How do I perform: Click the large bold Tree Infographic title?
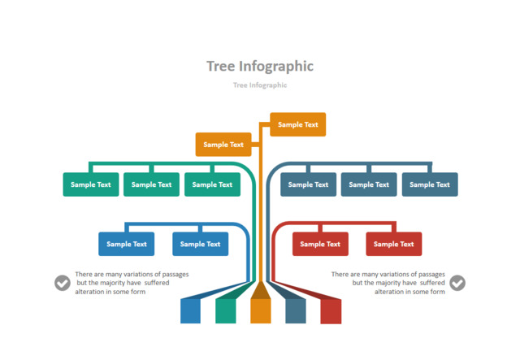click(260, 66)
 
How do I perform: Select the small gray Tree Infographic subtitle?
click(260, 85)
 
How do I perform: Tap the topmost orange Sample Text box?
click(297, 124)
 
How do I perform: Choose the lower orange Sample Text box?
click(223, 145)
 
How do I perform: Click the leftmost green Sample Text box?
click(91, 184)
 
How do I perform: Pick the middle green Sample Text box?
click(151, 184)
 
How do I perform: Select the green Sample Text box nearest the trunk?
click(212, 184)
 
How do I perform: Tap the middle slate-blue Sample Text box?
click(369, 184)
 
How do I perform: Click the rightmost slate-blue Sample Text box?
click(430, 184)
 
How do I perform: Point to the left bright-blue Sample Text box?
click(127, 244)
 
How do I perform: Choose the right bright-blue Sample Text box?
click(200, 244)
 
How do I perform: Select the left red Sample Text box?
click(320, 244)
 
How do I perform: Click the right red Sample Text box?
click(393, 244)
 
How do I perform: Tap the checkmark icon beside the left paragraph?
click(63, 283)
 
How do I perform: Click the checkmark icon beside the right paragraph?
click(457, 283)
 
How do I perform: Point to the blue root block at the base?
click(190, 310)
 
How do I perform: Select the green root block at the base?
click(225, 310)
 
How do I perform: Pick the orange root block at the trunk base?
click(260, 309)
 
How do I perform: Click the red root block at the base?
click(331, 310)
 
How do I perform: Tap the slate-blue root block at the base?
click(296, 310)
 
